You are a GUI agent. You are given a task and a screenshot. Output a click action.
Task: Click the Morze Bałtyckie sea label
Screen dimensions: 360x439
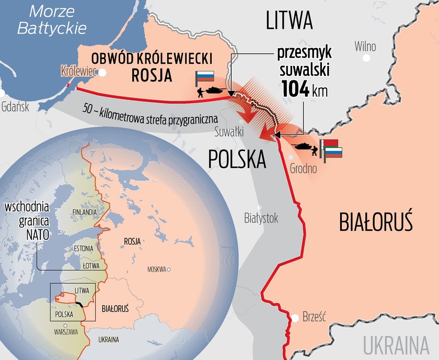52,19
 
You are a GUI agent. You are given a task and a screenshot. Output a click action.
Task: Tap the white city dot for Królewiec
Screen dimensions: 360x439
103,73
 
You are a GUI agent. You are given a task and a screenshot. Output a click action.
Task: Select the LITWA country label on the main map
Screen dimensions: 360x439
289,21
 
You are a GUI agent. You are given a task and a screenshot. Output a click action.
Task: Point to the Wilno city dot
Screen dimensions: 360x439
370,47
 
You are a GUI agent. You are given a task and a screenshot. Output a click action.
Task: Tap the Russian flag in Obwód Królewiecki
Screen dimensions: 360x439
204,77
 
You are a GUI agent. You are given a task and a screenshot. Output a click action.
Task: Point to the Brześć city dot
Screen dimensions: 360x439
296,317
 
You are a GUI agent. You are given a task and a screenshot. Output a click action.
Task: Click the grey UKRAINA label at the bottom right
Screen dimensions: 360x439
399,346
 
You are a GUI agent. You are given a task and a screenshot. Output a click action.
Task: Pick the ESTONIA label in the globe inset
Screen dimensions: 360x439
83,248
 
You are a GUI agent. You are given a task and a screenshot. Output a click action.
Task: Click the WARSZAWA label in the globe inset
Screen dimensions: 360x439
66,332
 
